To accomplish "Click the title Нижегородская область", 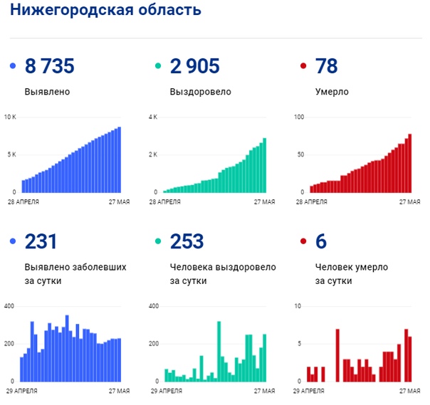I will coord(105,11).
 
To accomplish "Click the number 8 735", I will coord(49,67).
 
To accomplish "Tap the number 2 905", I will coord(194,67).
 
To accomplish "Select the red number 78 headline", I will coord(326,67).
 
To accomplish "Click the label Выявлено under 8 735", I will coord(47,92).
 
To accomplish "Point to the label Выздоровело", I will coord(200,92).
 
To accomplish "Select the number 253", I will coord(187,242).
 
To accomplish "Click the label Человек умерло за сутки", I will coord(351,274).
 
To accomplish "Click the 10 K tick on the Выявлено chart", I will coord(10,117).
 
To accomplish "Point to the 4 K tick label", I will coord(153,117).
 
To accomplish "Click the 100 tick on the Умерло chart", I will coord(299,117).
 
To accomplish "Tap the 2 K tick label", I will coord(153,154).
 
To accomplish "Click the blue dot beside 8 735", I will coord(13,67).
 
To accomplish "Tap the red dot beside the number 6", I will coord(303,242).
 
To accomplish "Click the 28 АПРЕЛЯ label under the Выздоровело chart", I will coord(164,202).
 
